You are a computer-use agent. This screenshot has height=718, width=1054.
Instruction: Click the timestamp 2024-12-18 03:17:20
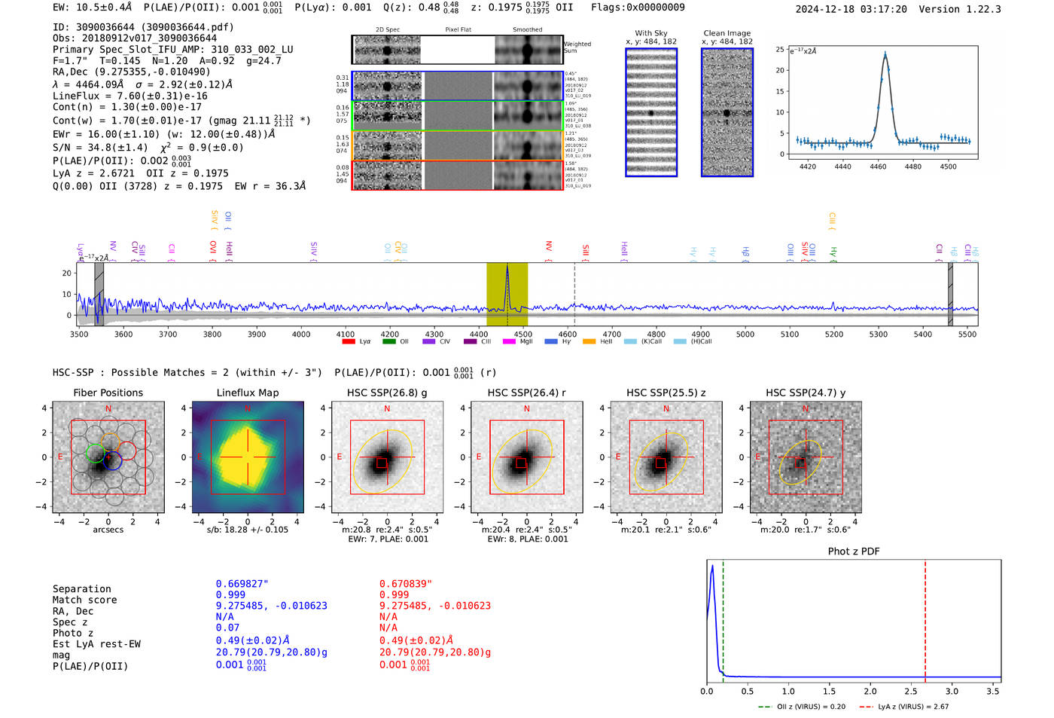click(x=851, y=10)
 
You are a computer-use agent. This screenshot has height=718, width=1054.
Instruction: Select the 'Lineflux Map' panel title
click(x=247, y=393)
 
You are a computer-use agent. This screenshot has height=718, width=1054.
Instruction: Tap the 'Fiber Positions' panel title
click(x=108, y=393)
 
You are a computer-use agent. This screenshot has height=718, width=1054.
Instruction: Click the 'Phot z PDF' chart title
click(x=853, y=551)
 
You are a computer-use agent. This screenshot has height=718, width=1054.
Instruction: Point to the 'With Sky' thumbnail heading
click(x=650, y=33)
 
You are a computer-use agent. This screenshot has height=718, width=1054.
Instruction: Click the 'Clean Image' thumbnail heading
click(x=727, y=33)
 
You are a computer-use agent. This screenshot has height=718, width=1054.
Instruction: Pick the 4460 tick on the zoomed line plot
click(x=878, y=167)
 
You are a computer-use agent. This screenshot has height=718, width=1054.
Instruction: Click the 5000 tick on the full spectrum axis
click(x=745, y=335)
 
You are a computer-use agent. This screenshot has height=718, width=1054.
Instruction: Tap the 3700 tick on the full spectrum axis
click(x=167, y=335)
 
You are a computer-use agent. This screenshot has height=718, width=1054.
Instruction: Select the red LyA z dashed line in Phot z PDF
click(x=925, y=618)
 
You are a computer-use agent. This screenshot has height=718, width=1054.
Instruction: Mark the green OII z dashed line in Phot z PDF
click(x=723, y=618)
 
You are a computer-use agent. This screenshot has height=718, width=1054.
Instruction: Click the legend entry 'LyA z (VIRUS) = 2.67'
click(x=912, y=707)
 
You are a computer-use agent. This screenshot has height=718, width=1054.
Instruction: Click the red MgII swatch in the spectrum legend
click(x=508, y=341)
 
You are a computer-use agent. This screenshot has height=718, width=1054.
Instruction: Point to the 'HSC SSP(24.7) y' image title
click(x=805, y=393)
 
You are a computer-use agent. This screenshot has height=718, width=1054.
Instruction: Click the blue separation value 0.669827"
click(x=242, y=584)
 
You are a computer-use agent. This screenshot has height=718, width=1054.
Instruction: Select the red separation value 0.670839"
click(x=405, y=584)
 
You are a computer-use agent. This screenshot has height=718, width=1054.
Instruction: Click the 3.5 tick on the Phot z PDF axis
click(x=993, y=691)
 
